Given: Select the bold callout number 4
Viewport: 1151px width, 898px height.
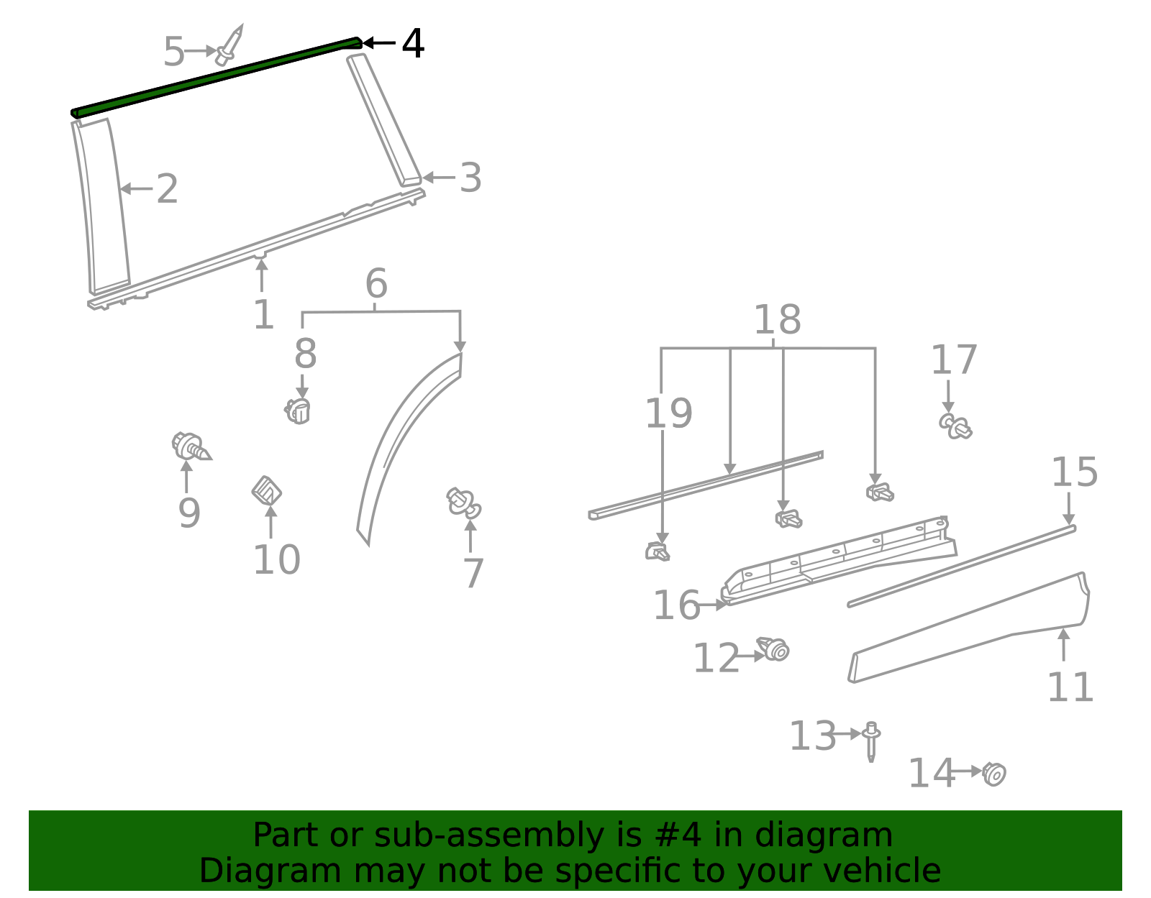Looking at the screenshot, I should (x=412, y=44).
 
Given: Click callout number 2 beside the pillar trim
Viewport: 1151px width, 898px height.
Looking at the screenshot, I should (x=167, y=189).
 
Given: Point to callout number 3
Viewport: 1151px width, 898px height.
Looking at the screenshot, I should (x=470, y=178).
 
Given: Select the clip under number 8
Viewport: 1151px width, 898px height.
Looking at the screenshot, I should (x=298, y=411).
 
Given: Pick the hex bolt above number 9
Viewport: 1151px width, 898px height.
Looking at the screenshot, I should (x=190, y=447).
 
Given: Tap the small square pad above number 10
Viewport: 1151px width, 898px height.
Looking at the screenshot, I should (x=266, y=492).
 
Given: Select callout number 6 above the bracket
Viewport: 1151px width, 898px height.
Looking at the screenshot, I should (x=376, y=284).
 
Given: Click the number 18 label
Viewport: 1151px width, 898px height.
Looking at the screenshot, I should (x=777, y=320).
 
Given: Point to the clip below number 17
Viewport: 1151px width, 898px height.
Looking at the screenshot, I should (x=955, y=426).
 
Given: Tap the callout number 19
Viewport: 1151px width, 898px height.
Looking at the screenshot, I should (x=668, y=413).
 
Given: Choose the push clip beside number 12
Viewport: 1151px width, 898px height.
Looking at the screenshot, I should (x=774, y=649).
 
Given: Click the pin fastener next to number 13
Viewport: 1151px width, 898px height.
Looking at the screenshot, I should (x=871, y=741).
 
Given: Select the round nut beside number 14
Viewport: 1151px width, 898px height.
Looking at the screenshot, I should (x=994, y=774).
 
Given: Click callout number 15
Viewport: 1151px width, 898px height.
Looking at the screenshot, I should (x=1074, y=472).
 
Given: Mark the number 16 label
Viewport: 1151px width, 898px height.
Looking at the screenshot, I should (x=676, y=605).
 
